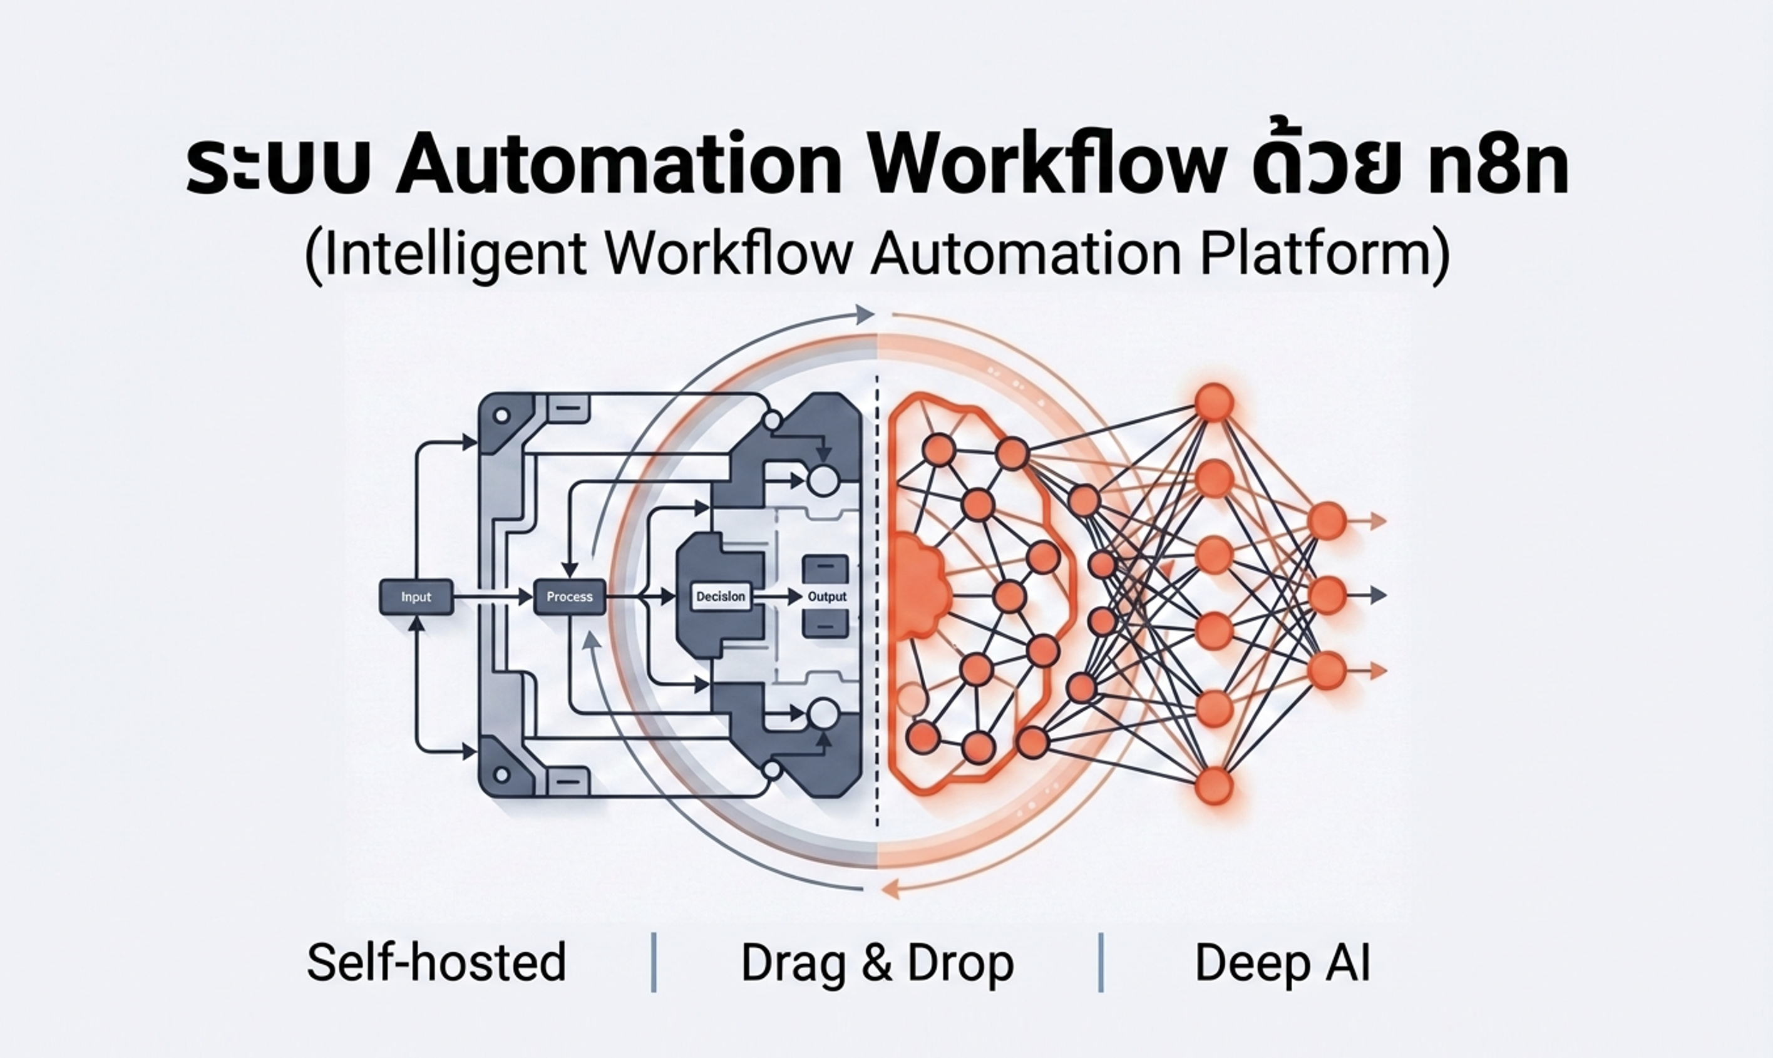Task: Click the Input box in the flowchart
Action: [416, 597]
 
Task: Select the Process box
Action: [569, 597]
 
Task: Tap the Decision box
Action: [721, 597]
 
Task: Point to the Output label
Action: [827, 597]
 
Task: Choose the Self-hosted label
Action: [436, 962]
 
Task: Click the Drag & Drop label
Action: [877, 962]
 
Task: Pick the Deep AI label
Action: [1282, 962]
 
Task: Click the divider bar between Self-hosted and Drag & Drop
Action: [654, 962]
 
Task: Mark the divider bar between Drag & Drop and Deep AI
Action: [1101, 962]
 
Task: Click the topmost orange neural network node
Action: [1214, 402]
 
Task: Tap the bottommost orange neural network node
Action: [1213, 786]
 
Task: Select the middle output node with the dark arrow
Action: [1327, 595]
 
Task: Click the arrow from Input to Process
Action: [492, 597]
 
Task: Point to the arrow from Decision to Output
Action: [777, 597]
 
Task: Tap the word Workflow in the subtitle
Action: [729, 255]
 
